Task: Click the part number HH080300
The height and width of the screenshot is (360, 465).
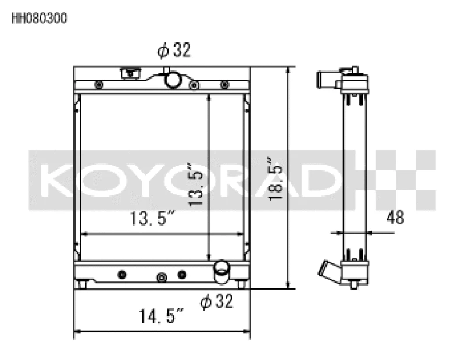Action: point(40,18)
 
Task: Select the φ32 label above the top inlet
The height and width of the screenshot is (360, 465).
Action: point(174,51)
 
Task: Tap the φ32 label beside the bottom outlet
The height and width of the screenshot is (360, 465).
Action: point(216,301)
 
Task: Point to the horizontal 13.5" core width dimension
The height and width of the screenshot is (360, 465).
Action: point(152,219)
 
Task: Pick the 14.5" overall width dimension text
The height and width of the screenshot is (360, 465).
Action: point(161,318)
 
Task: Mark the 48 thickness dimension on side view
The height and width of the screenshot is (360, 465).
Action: point(395,218)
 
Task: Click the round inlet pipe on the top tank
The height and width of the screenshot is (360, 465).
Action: point(171,79)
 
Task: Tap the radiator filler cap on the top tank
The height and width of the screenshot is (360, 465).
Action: point(130,73)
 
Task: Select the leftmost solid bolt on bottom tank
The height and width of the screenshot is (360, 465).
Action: point(121,274)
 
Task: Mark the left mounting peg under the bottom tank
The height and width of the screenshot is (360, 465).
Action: point(84,284)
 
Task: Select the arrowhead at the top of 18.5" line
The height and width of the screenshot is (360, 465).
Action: point(288,70)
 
